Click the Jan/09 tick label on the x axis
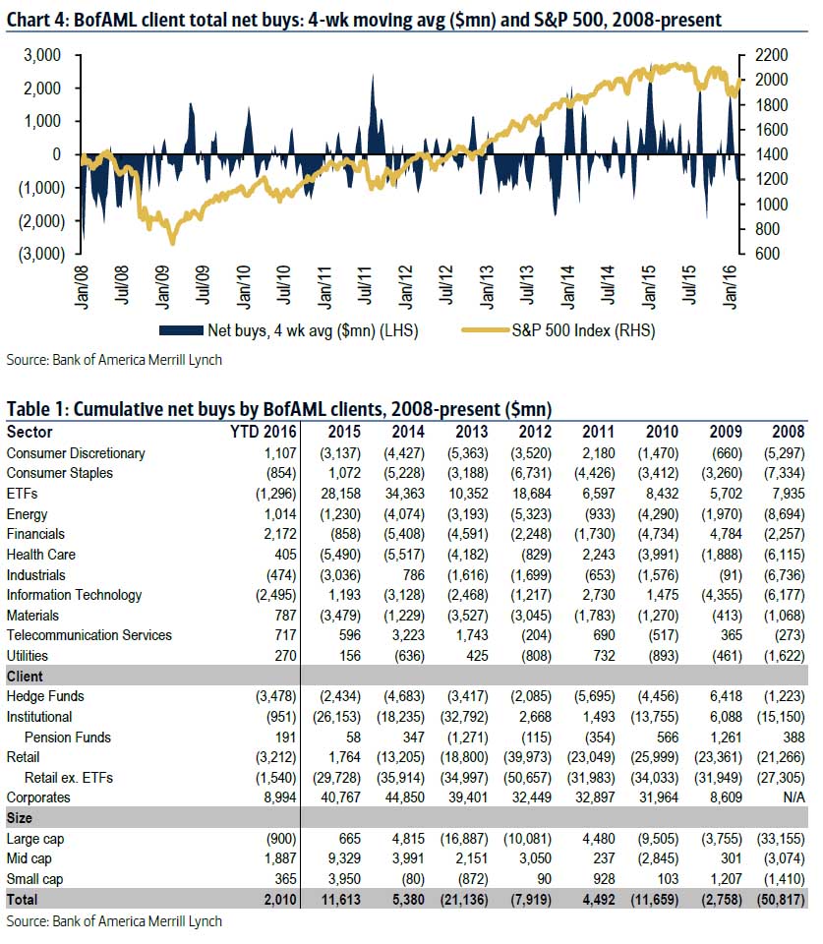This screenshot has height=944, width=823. (163, 287)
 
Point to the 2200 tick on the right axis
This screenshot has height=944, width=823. (771, 55)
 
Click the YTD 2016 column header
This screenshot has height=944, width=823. (264, 432)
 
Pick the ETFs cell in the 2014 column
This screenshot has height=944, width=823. (404, 494)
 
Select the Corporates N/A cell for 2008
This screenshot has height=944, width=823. (794, 797)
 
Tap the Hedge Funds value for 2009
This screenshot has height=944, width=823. (726, 696)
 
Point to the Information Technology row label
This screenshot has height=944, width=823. (74, 595)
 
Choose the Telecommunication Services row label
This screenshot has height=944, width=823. (89, 635)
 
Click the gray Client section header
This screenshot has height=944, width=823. (25, 677)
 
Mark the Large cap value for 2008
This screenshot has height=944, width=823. (781, 839)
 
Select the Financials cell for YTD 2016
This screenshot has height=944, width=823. (280, 534)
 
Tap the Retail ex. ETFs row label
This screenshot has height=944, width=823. (69, 777)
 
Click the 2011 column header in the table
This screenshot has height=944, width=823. (599, 432)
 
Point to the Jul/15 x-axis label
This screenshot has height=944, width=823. (689, 285)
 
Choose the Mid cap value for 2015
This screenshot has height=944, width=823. (344, 858)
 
